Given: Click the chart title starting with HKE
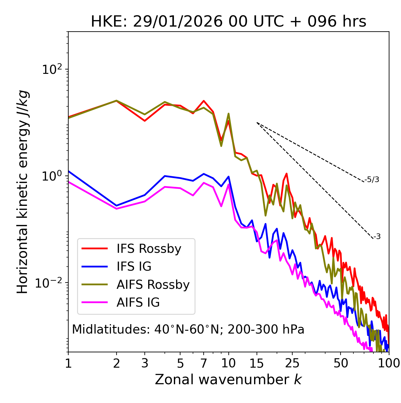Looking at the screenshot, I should tap(228, 22).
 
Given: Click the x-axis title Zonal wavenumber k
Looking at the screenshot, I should tap(228, 380).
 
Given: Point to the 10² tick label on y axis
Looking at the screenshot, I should tap(53, 69).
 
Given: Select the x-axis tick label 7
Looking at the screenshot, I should tap(204, 363).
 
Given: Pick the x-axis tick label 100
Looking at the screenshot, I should tap(389, 363).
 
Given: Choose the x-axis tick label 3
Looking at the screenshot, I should tap(145, 363).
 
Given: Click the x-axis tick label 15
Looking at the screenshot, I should tap(257, 363).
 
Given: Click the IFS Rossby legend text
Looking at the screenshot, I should tap(149, 249).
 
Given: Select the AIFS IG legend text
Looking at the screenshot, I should tap(138, 303).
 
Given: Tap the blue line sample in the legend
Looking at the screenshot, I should tap(95, 267).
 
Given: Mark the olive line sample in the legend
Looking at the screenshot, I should tap(95, 284).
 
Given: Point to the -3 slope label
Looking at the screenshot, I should tap(377, 237).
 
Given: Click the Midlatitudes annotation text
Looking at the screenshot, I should tap(188, 329).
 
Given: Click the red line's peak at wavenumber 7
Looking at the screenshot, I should tap(204, 101).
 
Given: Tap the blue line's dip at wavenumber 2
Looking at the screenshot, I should tap(117, 206).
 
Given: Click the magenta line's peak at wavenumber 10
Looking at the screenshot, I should tap(229, 184).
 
